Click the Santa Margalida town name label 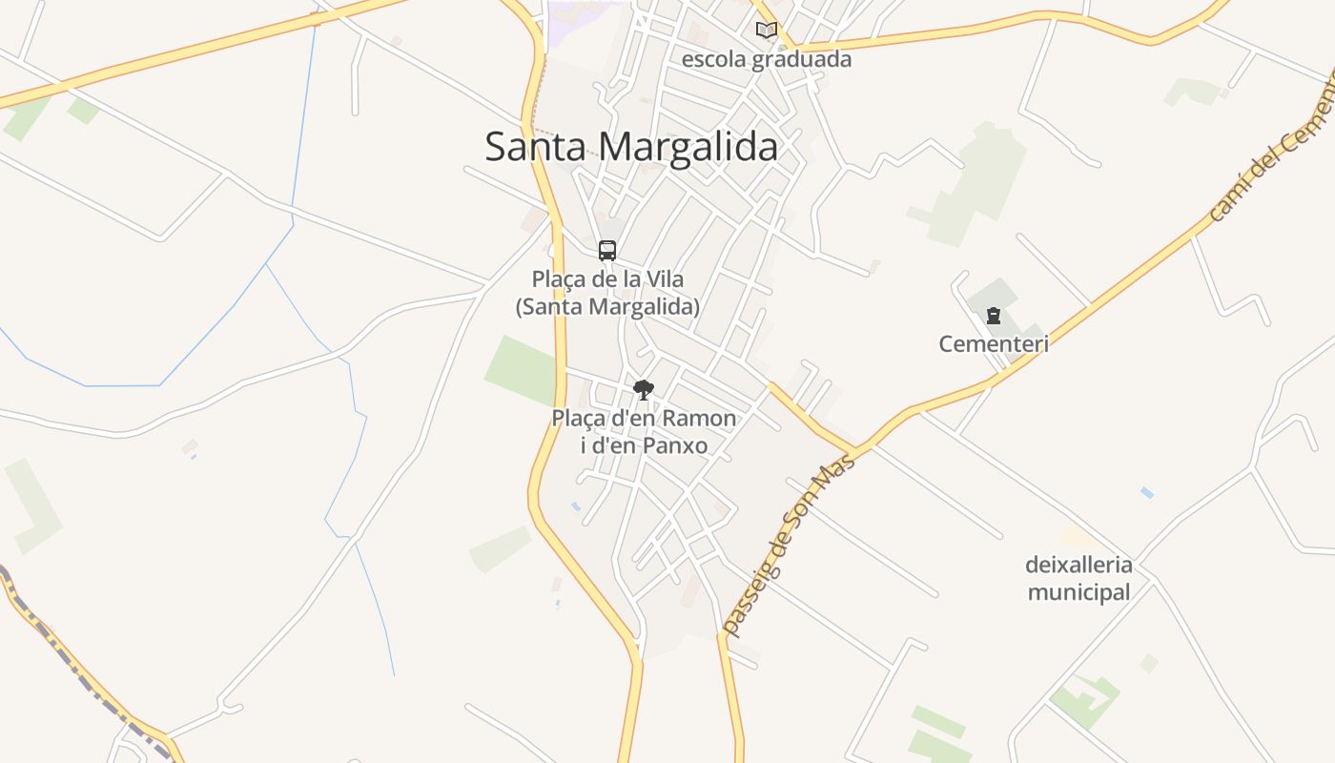(x=631, y=147)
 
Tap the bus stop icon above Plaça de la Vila (x=607, y=251)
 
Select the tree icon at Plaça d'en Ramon (x=644, y=389)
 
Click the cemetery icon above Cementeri (x=994, y=316)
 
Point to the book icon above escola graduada (x=767, y=31)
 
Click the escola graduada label (x=766, y=59)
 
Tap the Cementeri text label (x=994, y=343)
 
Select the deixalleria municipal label (x=1078, y=578)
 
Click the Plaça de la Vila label (x=607, y=293)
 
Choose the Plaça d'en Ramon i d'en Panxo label (x=644, y=431)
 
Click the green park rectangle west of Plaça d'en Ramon (x=521, y=370)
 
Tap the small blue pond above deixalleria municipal (x=1146, y=493)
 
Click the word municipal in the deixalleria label (x=1078, y=592)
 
